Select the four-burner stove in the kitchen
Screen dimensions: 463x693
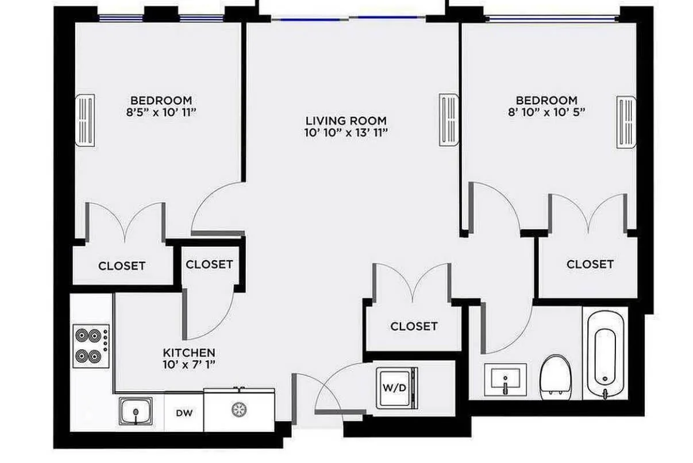[x=91, y=346]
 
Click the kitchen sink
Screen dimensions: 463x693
[x=136, y=411]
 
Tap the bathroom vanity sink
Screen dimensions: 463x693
[x=505, y=380]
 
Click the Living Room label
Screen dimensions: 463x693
[x=346, y=121]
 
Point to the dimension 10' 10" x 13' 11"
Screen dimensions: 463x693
[x=346, y=133]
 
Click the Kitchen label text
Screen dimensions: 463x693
[x=189, y=352]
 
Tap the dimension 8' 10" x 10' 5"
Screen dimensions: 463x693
[x=546, y=113]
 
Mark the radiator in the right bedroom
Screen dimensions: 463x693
[x=627, y=122]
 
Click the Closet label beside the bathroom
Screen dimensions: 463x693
[x=590, y=264]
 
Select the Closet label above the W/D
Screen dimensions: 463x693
[x=414, y=326]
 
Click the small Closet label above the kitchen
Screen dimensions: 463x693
[x=209, y=264]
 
